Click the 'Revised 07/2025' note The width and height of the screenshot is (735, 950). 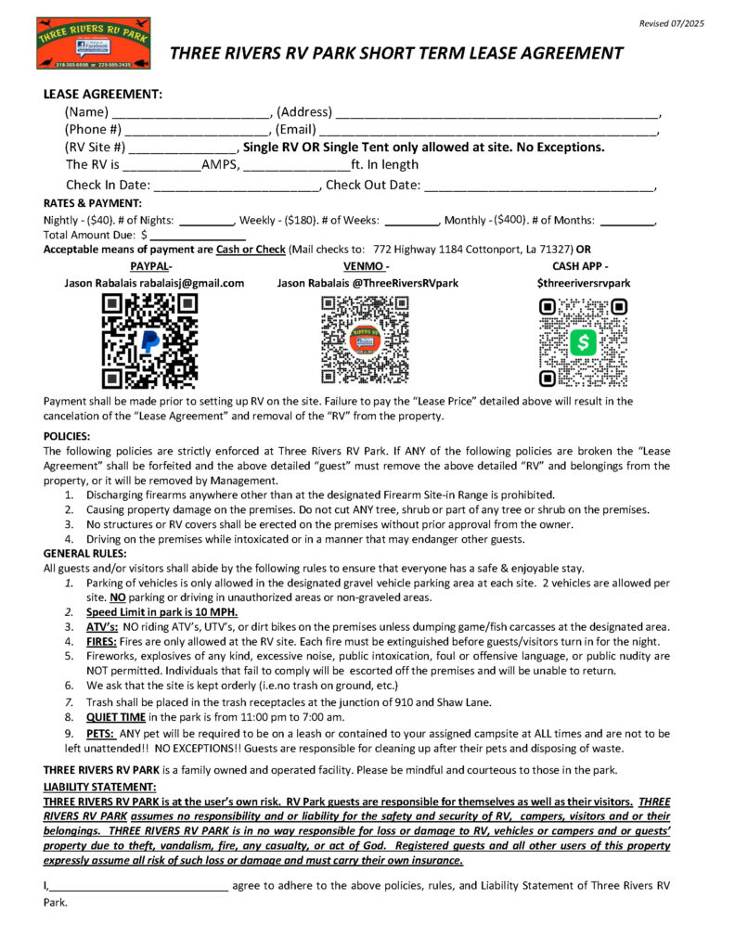673,22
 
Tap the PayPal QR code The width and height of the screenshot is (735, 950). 148,340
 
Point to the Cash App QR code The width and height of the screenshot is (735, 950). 583,342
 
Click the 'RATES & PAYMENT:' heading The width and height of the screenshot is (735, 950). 93,203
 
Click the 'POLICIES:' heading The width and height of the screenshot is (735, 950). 67,435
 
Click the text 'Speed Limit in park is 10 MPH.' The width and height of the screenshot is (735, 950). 162,612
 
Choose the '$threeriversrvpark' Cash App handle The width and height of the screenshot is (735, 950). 583,283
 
